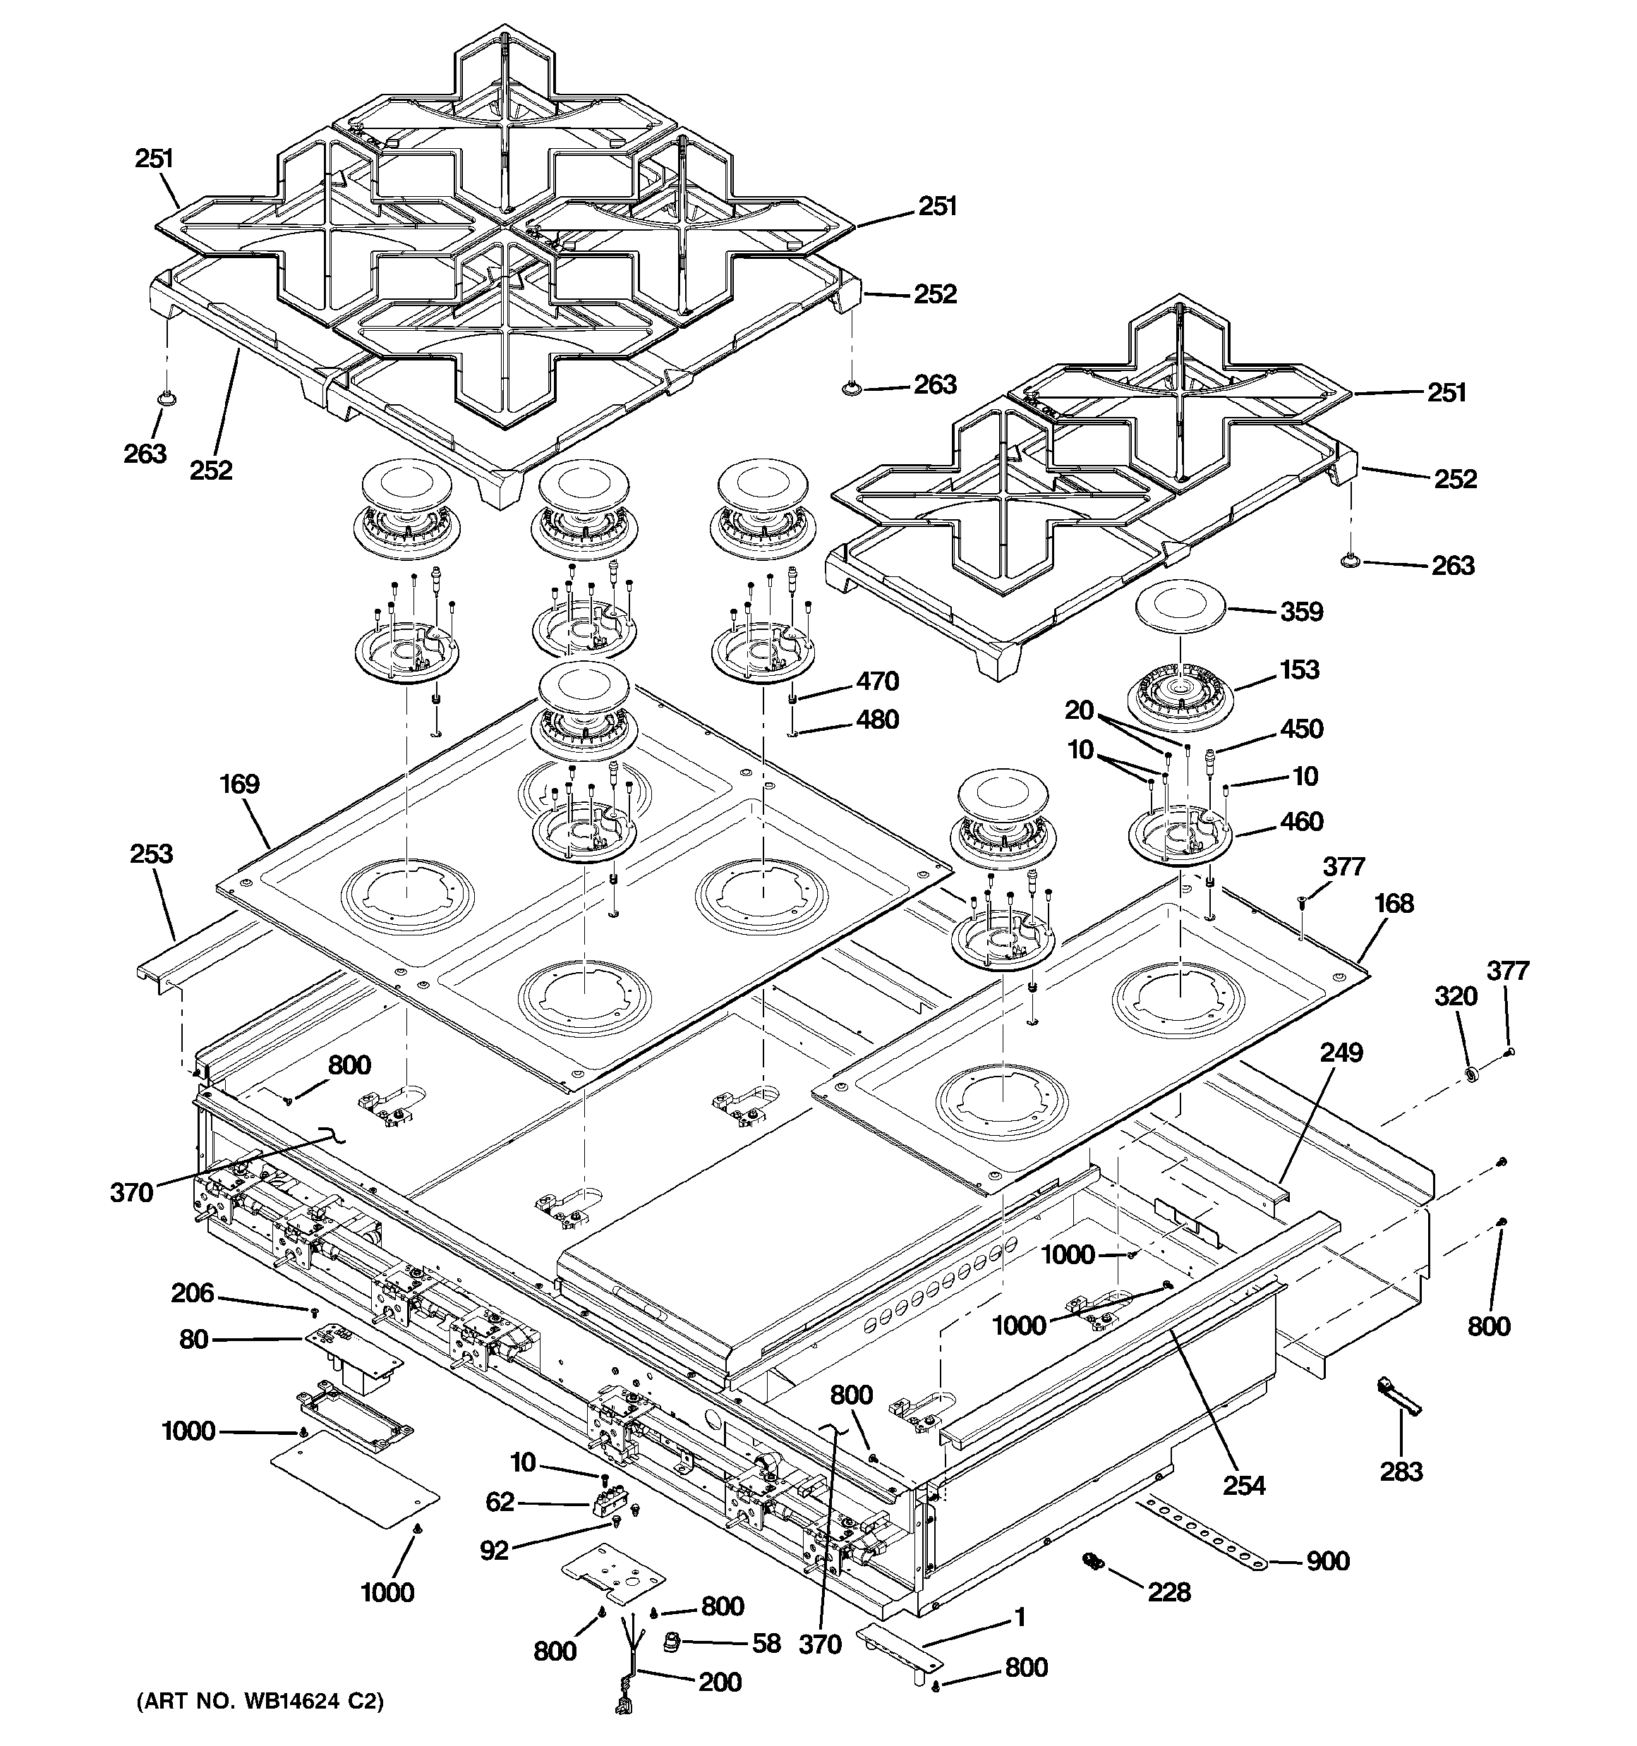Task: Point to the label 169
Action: [239, 784]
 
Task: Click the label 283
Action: [1401, 1470]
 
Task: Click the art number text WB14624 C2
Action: [260, 1702]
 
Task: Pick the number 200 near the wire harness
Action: [720, 1682]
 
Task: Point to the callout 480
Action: [877, 720]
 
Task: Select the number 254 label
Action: [1244, 1485]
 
